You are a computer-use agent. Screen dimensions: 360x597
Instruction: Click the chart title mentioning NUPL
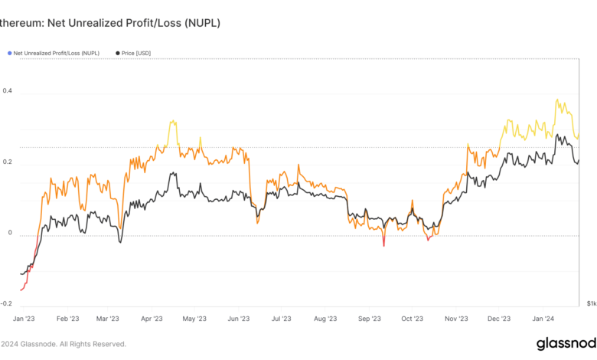click(x=111, y=24)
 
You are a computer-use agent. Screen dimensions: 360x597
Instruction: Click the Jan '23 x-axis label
click(x=24, y=318)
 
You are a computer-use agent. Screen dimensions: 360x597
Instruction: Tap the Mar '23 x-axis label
click(x=108, y=318)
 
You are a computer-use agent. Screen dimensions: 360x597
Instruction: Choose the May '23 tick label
click(x=195, y=318)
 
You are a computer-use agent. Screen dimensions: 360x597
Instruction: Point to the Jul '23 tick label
click(x=282, y=318)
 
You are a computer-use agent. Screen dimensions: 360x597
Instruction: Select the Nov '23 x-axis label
click(x=456, y=318)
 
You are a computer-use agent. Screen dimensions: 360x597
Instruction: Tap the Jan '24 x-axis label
click(x=543, y=318)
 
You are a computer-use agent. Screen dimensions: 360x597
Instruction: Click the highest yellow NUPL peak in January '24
click(x=557, y=100)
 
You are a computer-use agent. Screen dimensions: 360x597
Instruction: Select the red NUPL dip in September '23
click(x=383, y=246)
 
